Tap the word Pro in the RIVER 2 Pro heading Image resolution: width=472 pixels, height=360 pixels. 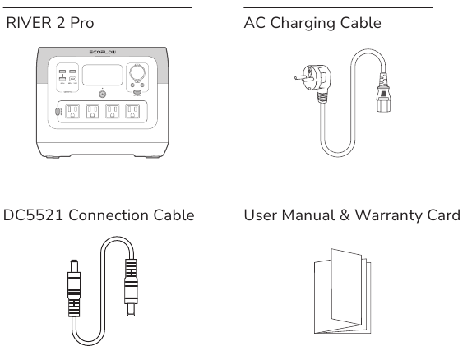click(81, 23)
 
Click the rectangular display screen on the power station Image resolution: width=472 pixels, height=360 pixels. click(101, 73)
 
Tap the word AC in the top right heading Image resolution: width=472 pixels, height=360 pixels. click(255, 23)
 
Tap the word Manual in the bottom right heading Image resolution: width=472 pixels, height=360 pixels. click(310, 215)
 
